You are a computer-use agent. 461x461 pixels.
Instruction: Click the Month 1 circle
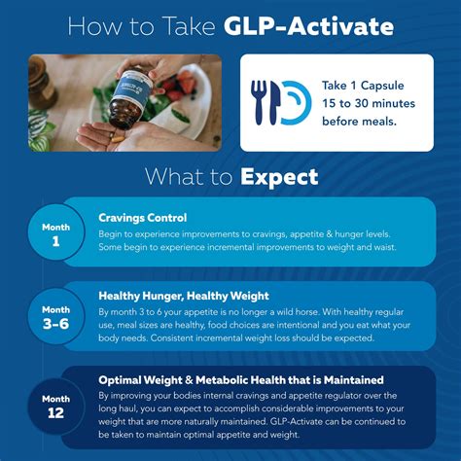coord(56,232)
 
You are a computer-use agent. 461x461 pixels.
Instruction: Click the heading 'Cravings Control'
coord(143,218)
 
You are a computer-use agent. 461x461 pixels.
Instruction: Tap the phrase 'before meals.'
coord(362,120)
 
